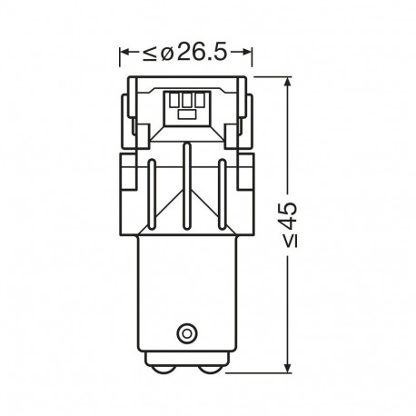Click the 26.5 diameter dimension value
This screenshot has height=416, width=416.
click(x=202, y=52)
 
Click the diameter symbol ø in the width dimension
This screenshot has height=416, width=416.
click(x=167, y=54)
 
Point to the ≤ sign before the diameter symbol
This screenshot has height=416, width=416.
click(x=150, y=54)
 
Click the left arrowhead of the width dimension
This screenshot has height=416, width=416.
click(x=125, y=52)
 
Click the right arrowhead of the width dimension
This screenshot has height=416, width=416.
click(x=246, y=52)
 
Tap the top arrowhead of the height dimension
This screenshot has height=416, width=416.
click(x=288, y=83)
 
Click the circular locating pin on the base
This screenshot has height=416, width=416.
click(x=186, y=333)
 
